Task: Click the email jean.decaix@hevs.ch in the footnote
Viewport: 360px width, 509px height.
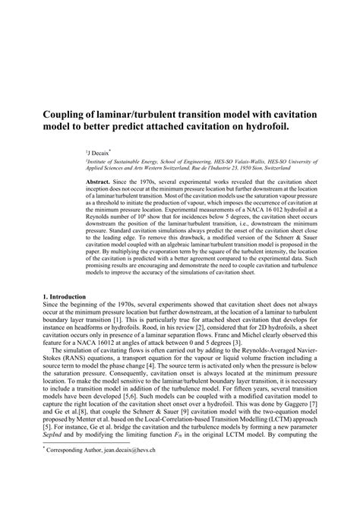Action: coord(134,493)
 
